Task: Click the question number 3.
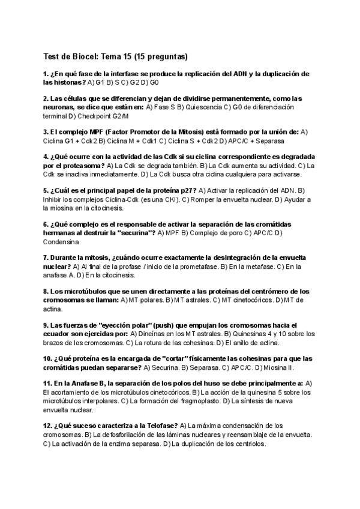(46, 131)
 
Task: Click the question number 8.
(46, 291)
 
